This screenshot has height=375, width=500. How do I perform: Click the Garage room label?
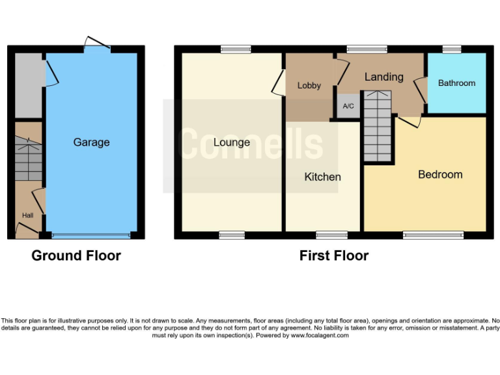[91, 143]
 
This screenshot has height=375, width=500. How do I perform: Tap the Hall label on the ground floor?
[27, 215]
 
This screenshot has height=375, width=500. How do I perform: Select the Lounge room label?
[231, 143]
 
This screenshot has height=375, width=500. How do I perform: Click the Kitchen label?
[322, 177]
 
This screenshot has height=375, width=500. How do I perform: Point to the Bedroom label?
[440, 174]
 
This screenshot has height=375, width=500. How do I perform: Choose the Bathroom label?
[456, 83]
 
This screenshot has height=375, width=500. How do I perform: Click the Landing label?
[383, 77]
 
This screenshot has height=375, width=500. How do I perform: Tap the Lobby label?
[309, 86]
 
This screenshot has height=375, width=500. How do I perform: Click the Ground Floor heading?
[76, 256]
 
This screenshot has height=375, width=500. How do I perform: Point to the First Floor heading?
[334, 256]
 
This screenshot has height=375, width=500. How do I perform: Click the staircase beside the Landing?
[378, 127]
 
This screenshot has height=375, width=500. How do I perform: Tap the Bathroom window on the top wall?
[452, 49]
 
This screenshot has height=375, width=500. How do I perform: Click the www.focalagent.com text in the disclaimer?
[320, 336]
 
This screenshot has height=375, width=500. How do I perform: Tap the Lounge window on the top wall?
[235, 49]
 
